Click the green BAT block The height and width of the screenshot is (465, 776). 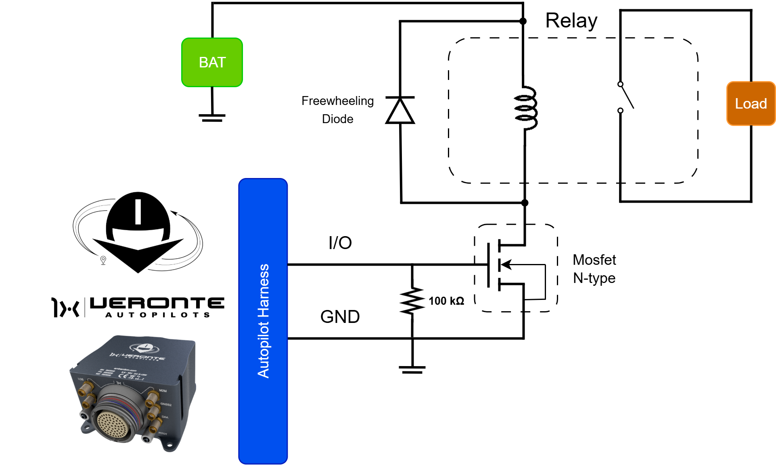pos(212,63)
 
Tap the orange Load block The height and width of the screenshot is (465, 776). pos(751,104)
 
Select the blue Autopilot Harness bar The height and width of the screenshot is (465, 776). pos(263,321)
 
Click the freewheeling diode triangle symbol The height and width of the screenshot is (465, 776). pos(400,111)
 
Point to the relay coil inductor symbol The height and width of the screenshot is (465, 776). pos(525,108)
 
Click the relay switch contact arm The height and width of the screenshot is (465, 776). pos(627,97)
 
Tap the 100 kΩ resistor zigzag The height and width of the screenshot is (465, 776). pos(412,301)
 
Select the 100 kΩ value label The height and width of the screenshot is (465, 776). pos(446,301)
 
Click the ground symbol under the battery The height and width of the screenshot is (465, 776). pos(212,117)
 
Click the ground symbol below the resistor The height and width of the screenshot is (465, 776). pos(412,369)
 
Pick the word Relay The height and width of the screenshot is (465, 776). pos(571,21)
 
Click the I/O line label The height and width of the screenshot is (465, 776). pos(340,243)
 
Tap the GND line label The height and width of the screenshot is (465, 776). pos(340,317)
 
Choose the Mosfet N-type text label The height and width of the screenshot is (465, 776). pos(594,269)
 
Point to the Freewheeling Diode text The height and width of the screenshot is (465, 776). pos(338,110)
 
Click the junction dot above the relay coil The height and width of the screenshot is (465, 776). pos(523,21)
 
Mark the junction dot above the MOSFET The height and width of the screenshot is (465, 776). pos(525,203)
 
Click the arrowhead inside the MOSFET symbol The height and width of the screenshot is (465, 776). pos(507,264)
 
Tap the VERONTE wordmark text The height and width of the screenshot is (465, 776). pos(157,303)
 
